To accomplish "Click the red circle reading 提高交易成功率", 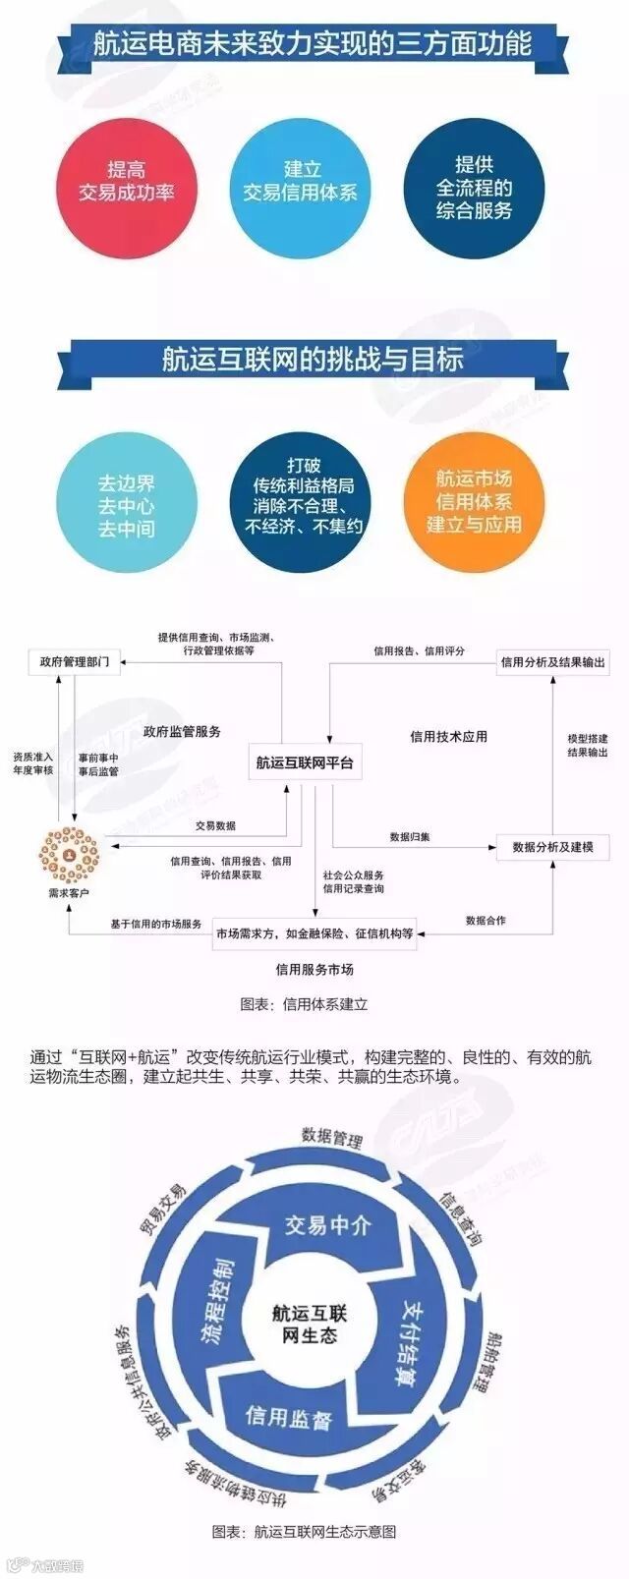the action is click(127, 182).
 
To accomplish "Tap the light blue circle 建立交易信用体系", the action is click(300, 182).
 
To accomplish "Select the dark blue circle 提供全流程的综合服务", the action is click(474, 187).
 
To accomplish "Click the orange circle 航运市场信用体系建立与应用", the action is click(474, 501).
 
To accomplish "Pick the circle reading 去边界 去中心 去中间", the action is click(127, 505).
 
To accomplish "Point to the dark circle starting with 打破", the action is click(301, 501).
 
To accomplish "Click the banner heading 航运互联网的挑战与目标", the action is click(313, 360).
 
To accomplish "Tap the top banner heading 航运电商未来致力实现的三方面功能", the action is click(313, 44).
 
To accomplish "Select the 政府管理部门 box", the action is click(75, 661).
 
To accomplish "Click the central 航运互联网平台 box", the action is click(305, 761).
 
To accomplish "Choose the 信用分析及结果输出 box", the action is click(552, 662).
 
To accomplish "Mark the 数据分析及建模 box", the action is click(552, 846).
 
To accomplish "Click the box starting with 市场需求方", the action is click(314, 932).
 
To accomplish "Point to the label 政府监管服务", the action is click(182, 731).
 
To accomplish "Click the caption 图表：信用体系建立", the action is click(304, 1004).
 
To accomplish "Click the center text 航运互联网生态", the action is click(310, 1324).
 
